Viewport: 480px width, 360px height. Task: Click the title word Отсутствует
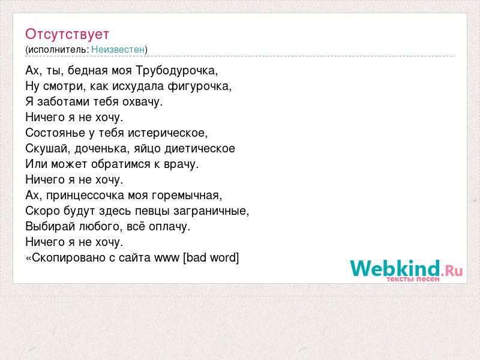[67, 34]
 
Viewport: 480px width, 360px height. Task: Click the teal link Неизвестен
[118, 49]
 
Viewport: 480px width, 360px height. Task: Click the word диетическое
[200, 148]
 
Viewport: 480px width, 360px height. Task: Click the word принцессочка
[85, 196]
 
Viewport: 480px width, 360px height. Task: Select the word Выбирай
[50, 227]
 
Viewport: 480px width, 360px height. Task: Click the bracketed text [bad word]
[211, 258]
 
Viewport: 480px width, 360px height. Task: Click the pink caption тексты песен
[413, 279]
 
